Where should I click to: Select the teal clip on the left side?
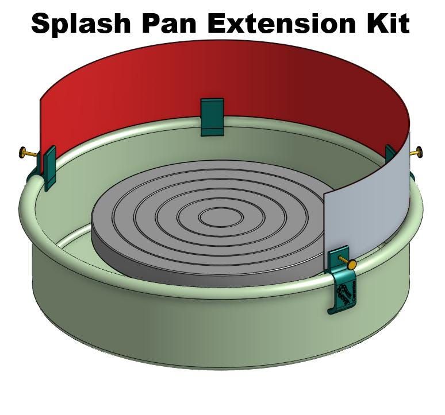coord(48,166)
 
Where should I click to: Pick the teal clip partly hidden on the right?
coord(391,152)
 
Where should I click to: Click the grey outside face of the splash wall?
coord(368,201)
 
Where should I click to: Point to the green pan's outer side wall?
coord(172,327)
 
